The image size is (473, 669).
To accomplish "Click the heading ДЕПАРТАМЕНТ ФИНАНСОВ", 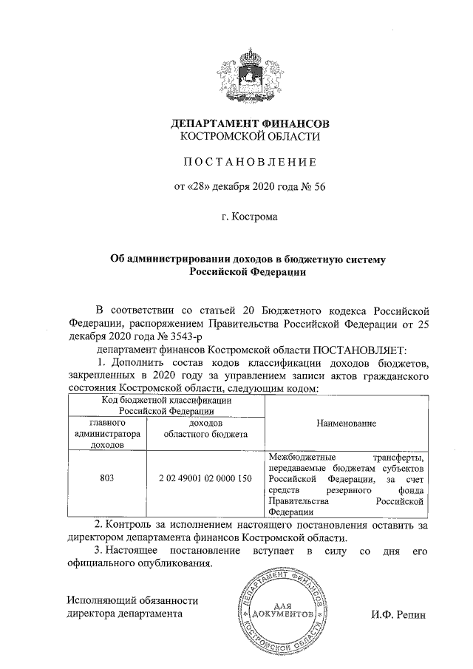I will (249, 123).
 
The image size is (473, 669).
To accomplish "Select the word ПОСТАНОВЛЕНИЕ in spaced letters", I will (249, 162).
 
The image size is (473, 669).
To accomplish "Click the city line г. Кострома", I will (249, 219).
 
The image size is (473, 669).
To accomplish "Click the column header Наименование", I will (347, 423).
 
